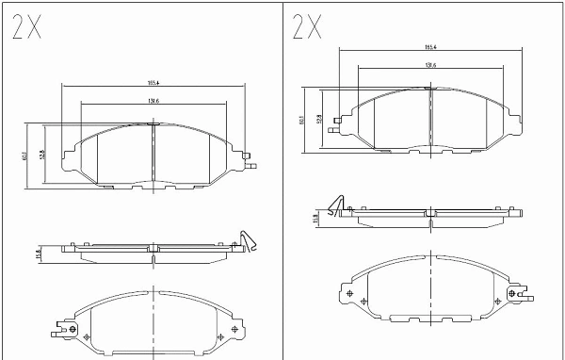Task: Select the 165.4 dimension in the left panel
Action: point(153,81)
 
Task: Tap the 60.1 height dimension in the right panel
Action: point(300,120)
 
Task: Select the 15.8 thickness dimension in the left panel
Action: point(39,253)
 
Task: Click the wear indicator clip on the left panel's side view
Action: point(246,241)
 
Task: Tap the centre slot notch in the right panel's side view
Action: point(430,214)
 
